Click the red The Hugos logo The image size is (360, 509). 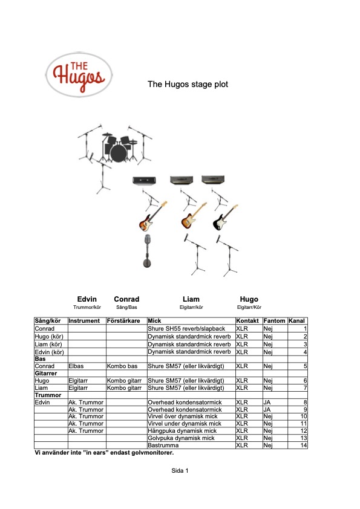[79, 75]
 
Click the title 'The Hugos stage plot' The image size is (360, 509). [188, 84]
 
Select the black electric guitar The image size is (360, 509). [226, 217]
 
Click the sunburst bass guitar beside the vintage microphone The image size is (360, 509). [152, 216]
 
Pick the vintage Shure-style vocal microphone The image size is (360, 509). [147, 251]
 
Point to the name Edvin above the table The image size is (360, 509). [87, 299]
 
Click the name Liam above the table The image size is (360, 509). [191, 299]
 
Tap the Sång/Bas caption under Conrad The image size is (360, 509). [126, 307]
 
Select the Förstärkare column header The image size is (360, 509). [123, 321]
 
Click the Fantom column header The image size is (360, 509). [274, 321]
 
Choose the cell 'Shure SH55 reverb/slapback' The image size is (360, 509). [186, 328]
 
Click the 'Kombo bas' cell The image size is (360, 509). [122, 366]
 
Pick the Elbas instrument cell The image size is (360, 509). [76, 366]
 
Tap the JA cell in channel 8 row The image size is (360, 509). [267, 402]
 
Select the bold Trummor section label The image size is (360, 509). [48, 395]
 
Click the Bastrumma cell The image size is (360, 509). [163, 445]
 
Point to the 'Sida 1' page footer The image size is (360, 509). [180, 470]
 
